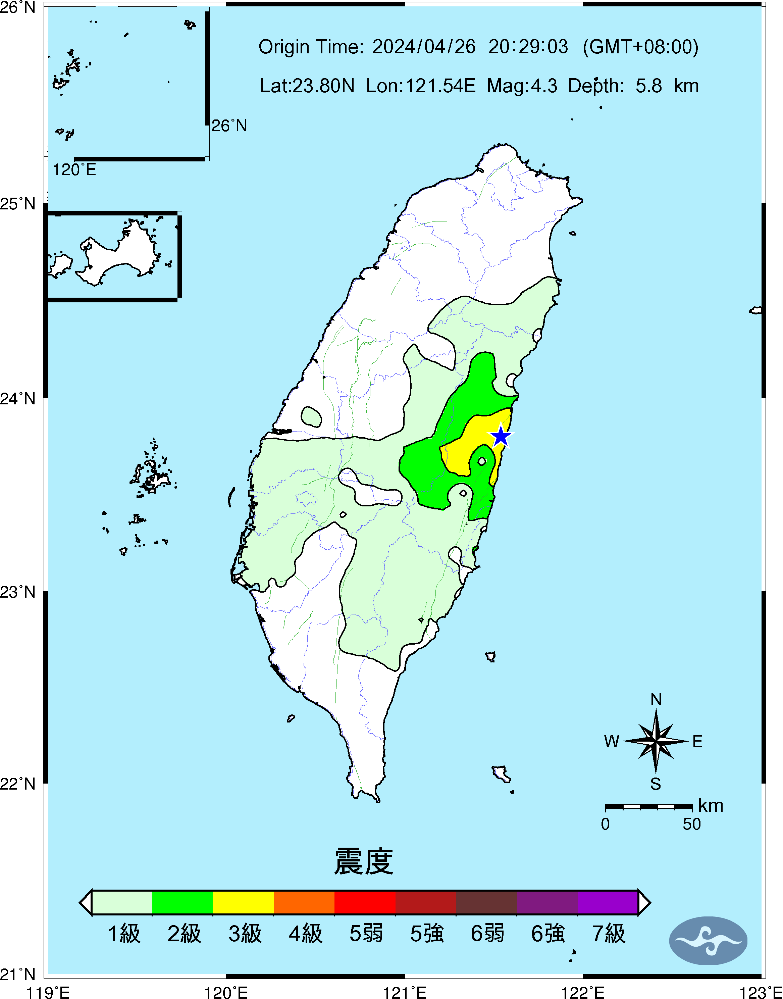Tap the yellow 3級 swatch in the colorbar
[x=244, y=902]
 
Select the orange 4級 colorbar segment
[x=304, y=902]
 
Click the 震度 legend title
[x=364, y=862]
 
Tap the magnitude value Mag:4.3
[x=522, y=86]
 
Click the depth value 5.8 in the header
[x=649, y=86]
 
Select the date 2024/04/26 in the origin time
[x=424, y=47]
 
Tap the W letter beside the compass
[x=612, y=741]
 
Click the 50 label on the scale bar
[x=692, y=824]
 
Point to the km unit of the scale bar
[x=711, y=805]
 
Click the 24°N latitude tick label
[x=17, y=398]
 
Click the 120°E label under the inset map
[x=74, y=170]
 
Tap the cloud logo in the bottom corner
[x=708, y=941]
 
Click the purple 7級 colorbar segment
[x=608, y=902]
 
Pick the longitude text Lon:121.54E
[x=421, y=86]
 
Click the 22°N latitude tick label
[x=17, y=784]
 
